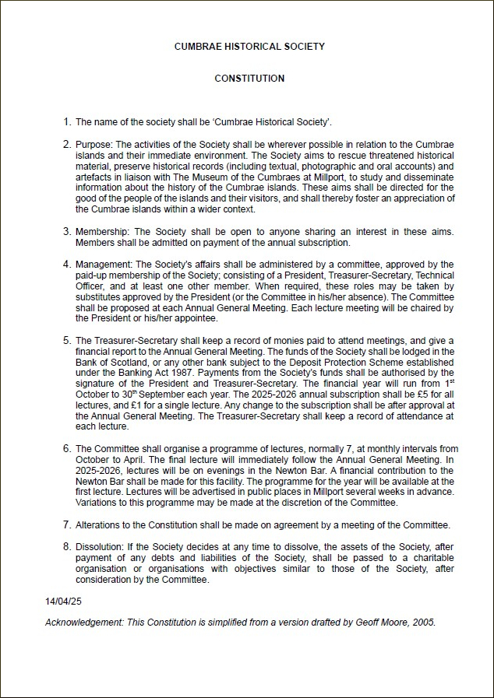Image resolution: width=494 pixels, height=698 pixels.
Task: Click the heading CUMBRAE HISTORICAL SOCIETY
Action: click(249, 47)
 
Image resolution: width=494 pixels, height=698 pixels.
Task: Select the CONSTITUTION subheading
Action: click(249, 79)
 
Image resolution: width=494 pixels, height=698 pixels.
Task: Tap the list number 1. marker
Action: click(66, 121)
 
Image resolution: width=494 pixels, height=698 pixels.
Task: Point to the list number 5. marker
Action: click(66, 341)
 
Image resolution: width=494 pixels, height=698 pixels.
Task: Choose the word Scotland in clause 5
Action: click(118, 363)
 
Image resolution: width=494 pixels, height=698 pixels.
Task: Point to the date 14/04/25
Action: click(64, 602)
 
